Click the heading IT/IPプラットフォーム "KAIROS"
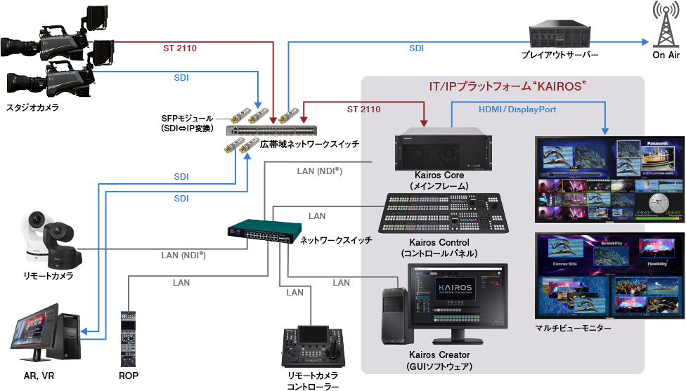point(507,86)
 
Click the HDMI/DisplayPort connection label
point(517,110)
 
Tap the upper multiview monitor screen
point(609,179)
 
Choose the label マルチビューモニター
point(573,327)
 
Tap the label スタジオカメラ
point(33,108)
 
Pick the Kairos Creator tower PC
point(395,315)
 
